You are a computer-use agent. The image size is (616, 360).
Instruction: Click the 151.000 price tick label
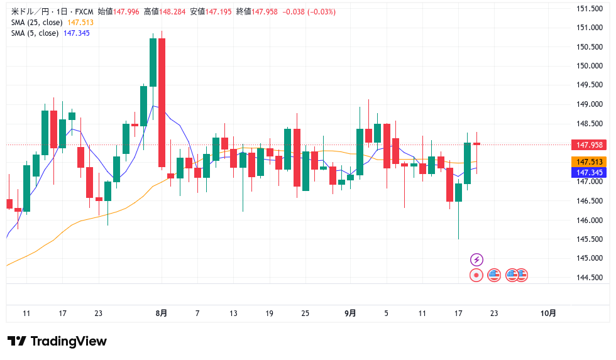[590, 28]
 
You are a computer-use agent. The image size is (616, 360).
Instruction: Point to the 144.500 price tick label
[590, 278]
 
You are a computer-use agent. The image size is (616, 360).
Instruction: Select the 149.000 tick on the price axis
[590, 104]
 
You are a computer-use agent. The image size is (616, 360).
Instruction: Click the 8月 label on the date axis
[161, 313]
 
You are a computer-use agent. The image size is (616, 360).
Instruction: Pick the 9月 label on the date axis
[350, 313]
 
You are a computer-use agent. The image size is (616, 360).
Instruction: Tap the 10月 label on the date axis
[548, 313]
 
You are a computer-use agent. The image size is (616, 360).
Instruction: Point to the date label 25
[305, 313]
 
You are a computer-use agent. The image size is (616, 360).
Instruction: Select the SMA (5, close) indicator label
[35, 33]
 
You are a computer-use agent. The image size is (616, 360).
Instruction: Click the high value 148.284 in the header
[172, 12]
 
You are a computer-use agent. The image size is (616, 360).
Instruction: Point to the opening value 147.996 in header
[126, 12]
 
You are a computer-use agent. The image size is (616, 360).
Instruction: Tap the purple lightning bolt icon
[476, 259]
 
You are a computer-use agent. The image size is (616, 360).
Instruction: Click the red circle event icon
[476, 275]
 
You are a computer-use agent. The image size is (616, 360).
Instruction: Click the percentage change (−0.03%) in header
[321, 12]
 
